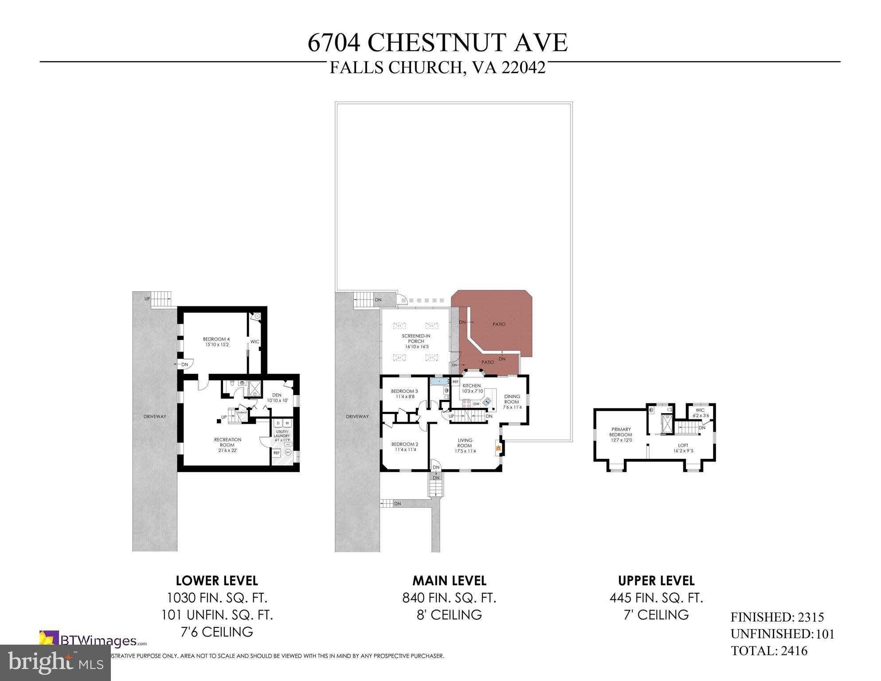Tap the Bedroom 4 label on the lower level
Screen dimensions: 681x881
tap(216, 342)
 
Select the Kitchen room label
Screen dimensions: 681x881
tap(471, 388)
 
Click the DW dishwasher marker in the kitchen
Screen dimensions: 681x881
tap(476, 404)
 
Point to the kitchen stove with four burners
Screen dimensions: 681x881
tap(466, 403)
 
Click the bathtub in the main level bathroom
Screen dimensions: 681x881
tap(439, 381)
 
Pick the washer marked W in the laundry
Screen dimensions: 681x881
tap(287, 423)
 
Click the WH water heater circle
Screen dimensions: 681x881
tap(288, 453)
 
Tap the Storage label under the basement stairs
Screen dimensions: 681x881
tap(242, 413)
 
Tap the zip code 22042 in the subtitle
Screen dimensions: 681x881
tap(523, 68)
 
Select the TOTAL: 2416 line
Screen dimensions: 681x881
tap(769, 651)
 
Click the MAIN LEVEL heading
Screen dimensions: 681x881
tap(449, 581)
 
